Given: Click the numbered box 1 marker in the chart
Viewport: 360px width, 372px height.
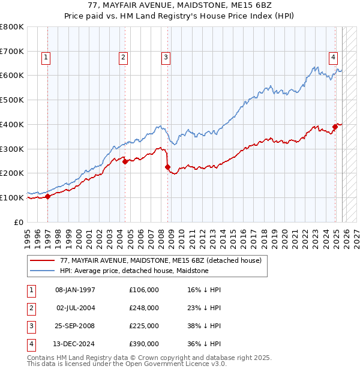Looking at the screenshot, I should [x=46, y=58].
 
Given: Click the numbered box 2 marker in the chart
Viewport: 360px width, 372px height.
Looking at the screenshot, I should [x=123, y=58].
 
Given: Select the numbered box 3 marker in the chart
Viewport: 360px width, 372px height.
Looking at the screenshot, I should [x=166, y=58].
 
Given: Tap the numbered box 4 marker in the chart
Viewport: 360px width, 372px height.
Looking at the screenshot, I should [x=332, y=58].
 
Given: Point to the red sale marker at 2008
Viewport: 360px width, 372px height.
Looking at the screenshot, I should [x=167, y=167].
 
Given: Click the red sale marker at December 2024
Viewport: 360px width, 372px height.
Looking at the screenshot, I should [x=335, y=127].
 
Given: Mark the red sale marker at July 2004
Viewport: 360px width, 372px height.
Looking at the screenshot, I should [x=125, y=161].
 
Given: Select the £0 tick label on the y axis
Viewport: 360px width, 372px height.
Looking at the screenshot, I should [x=19, y=222].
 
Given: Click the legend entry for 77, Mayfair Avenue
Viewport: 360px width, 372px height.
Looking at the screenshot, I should [x=160, y=261].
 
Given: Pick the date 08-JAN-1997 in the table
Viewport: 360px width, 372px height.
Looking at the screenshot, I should [x=75, y=290].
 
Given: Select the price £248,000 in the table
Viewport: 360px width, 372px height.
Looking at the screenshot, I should [x=143, y=308].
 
